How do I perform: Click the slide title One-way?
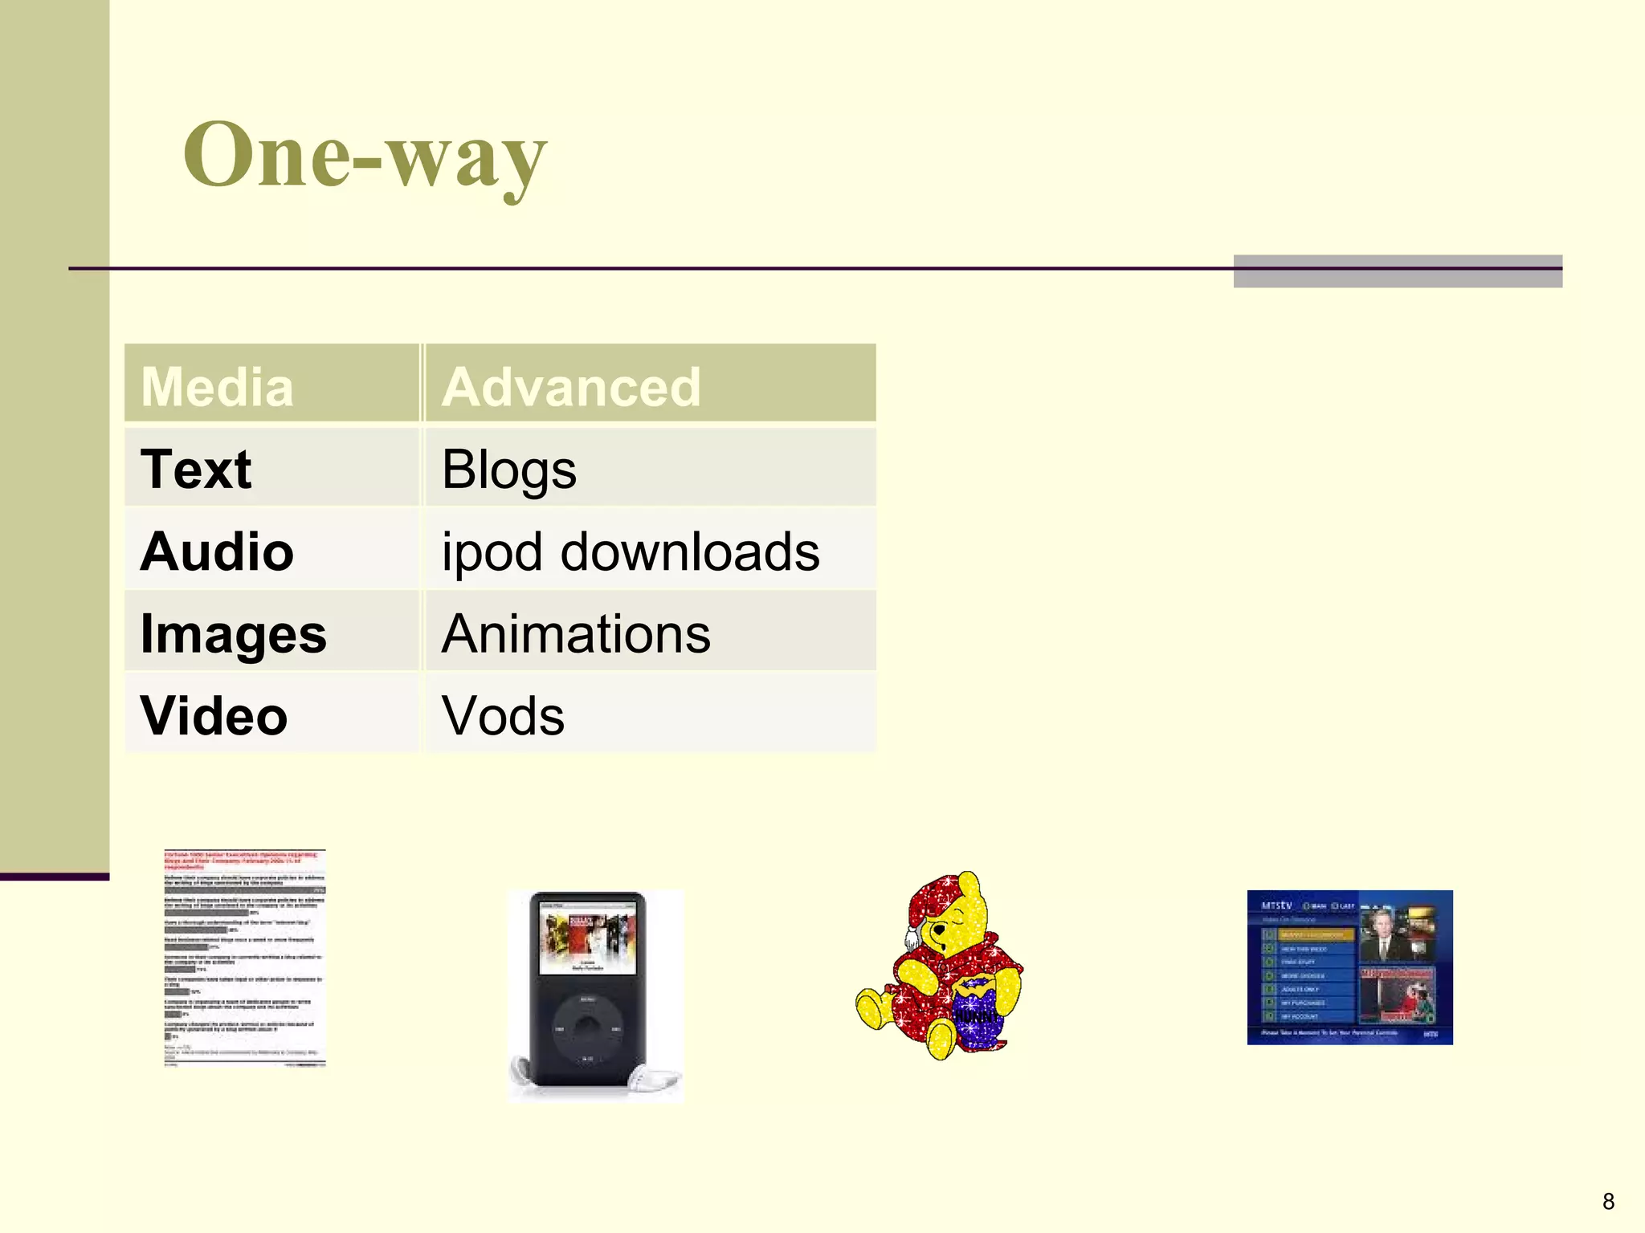(365, 155)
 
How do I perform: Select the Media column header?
(217, 387)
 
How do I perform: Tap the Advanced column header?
(571, 387)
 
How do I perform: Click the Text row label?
(196, 469)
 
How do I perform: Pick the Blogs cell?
(509, 469)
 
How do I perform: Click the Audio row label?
(217, 552)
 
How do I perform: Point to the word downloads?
(690, 552)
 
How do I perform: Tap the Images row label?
(233, 634)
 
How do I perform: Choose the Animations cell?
(576, 634)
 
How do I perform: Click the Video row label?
(214, 716)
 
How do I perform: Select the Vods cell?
(504, 716)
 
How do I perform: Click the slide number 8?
(1608, 1202)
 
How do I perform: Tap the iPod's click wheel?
(587, 1030)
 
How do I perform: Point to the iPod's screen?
(587, 938)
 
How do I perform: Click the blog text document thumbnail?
(245, 958)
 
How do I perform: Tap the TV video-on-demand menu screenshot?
(1349, 967)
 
